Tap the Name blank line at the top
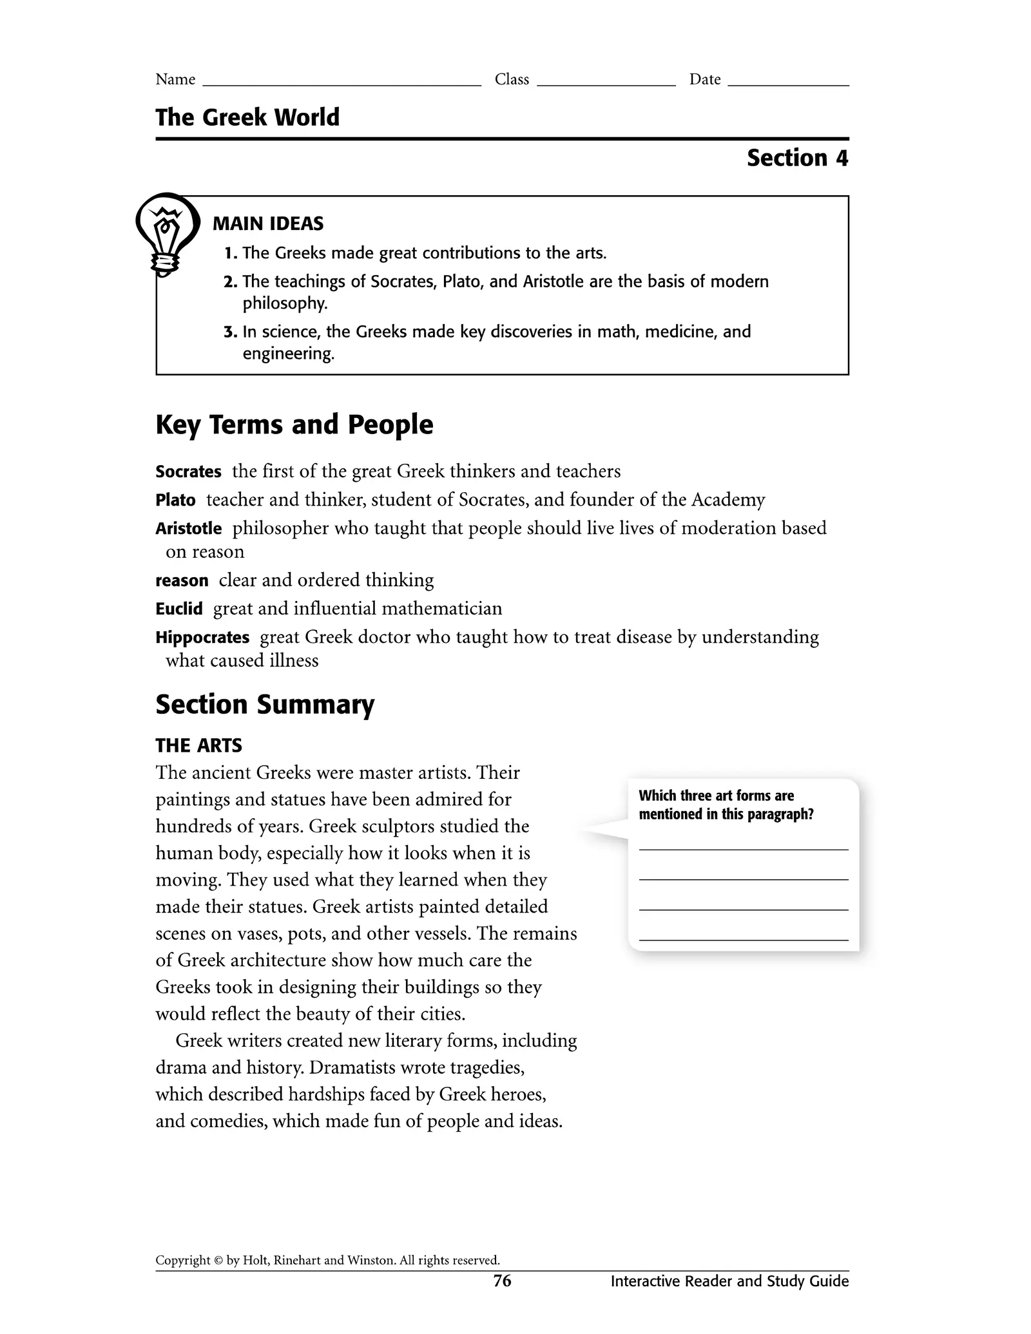342,83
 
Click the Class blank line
606,83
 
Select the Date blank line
788,83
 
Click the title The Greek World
247,118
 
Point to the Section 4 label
797,158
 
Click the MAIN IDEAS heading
268,224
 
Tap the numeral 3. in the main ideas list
231,332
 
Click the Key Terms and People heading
294,425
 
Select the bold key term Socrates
188,472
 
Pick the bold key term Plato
175,500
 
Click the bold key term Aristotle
188,529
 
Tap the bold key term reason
182,581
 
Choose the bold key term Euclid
179,609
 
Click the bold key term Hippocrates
202,638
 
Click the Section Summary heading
265,705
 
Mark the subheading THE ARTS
198,746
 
